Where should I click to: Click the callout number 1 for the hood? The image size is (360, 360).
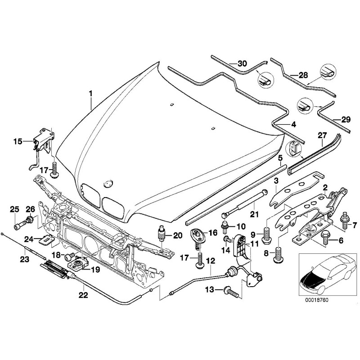tap(90, 94)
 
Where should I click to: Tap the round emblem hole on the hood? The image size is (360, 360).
tap(107, 184)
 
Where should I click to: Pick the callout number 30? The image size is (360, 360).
tap(242, 63)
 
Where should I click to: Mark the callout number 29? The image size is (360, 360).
tap(345, 119)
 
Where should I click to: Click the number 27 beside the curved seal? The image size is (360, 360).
tap(322, 135)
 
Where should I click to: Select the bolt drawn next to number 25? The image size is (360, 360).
tap(18, 224)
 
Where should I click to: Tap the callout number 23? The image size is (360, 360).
tap(24, 259)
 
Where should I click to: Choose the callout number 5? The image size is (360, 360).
tap(279, 158)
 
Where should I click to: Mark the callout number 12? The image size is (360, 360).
tap(211, 261)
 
